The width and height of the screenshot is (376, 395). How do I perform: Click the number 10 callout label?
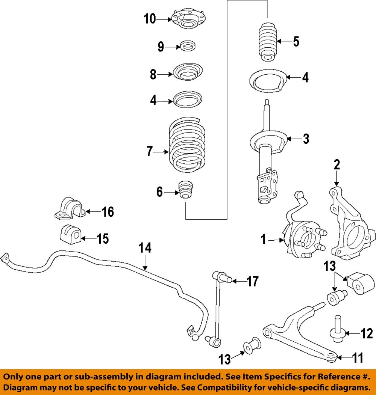point(150,19)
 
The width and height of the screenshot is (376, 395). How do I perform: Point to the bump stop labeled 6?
point(185,191)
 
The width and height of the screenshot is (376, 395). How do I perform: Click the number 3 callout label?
point(306,139)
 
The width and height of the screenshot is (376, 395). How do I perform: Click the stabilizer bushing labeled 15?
point(69,235)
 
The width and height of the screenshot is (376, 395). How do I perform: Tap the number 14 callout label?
point(145,248)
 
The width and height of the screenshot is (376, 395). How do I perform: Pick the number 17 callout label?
point(253,281)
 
